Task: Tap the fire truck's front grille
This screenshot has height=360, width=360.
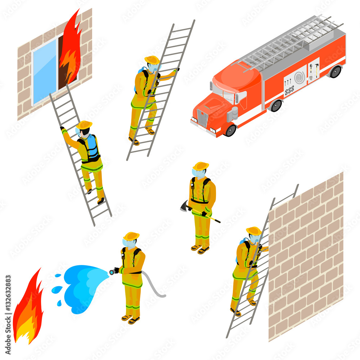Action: [202, 118]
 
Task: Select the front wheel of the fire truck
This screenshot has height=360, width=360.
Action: [230, 130]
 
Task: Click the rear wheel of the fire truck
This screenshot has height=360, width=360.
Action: [335, 72]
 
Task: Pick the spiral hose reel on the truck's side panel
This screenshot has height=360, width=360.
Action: [299, 77]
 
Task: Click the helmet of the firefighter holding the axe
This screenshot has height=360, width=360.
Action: [201, 166]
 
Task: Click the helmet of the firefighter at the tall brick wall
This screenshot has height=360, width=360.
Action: [254, 231]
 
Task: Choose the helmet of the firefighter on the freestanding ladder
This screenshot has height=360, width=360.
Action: [152, 60]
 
